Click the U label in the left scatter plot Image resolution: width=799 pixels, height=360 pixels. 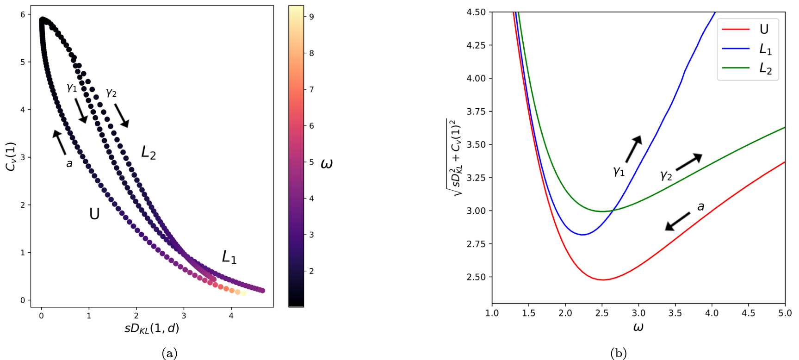pos(94,214)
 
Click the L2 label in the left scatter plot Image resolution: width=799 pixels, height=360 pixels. pos(149,152)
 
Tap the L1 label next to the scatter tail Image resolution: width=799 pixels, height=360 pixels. pos(229,257)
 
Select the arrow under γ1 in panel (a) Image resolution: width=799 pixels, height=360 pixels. pos(81,111)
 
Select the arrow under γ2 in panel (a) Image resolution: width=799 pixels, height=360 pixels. pos(122,115)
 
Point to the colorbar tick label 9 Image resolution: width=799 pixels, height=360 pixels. pos(311,17)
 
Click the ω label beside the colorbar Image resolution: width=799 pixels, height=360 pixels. pos(326,164)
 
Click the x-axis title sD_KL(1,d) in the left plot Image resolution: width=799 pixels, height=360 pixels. pos(152,329)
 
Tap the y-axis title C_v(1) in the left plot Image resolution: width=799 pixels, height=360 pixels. pos(11,157)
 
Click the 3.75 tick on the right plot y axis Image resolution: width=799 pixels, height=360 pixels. pos(476,112)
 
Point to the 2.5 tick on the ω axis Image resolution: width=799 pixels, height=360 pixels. pos(601,313)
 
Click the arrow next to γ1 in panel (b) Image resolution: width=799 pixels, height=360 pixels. pos(633,149)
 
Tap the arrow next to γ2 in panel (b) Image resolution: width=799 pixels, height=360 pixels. pos(688,162)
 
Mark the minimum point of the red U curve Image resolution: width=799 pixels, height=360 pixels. pos(603,280)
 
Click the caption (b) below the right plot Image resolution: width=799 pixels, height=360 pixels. pos(619,354)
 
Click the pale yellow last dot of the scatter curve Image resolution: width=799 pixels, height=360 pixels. pos(243,293)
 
